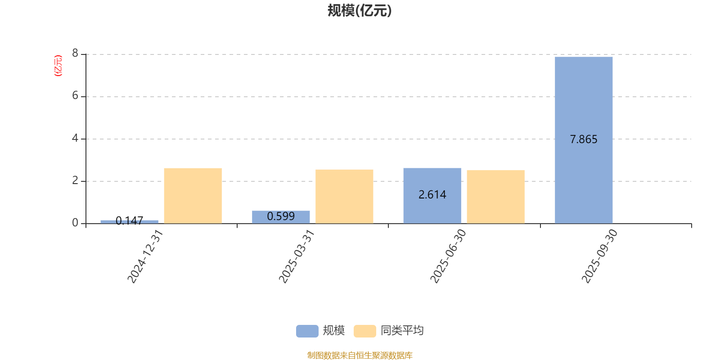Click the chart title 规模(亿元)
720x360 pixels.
coord(359,11)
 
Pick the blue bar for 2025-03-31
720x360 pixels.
coord(281,217)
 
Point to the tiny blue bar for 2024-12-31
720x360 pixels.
coord(129,221)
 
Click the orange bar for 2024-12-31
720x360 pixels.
coord(193,195)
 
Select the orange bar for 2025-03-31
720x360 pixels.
coord(344,196)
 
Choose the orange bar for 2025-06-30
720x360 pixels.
coord(495,197)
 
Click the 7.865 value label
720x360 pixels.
coord(584,139)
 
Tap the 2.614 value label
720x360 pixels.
coord(432,195)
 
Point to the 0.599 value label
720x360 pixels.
coord(281,216)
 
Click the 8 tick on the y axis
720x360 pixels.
coord(75,54)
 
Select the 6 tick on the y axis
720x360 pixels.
coord(75,96)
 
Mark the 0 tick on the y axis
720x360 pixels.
coord(75,223)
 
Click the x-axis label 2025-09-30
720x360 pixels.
coord(599,256)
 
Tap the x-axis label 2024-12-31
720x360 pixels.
coord(145,256)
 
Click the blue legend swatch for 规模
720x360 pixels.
coord(307,331)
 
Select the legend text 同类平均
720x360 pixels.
coord(402,331)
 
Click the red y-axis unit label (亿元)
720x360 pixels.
coord(58,66)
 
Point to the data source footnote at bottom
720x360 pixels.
coord(360,355)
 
